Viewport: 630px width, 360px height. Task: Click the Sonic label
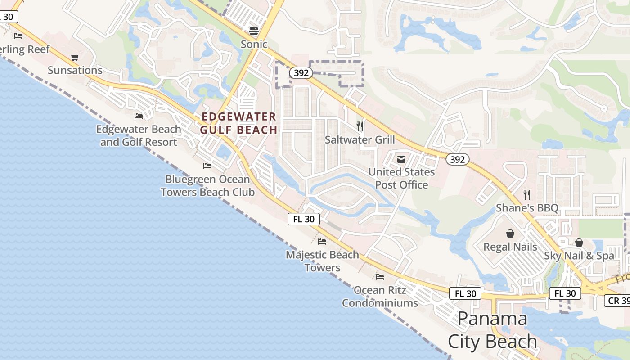click(x=254, y=44)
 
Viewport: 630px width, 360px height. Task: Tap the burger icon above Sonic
click(x=254, y=31)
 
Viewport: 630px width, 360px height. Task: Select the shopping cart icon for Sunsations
click(x=75, y=58)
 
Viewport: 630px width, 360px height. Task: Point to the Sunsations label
click(x=75, y=70)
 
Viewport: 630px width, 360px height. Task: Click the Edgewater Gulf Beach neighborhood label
click(x=239, y=123)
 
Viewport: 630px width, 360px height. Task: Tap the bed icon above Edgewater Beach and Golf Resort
click(x=139, y=116)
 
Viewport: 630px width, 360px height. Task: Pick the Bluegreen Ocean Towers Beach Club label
click(x=207, y=185)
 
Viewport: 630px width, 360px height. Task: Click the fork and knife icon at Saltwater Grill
click(x=360, y=126)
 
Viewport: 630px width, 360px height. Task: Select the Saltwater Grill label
click(x=360, y=139)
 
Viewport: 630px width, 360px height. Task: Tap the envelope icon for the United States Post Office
click(x=401, y=159)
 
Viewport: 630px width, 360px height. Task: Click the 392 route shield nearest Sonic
click(x=301, y=73)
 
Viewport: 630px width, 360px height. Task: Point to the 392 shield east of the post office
click(x=458, y=159)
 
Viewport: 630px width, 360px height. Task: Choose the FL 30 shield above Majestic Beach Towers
click(x=304, y=219)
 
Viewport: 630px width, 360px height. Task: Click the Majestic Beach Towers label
click(x=322, y=261)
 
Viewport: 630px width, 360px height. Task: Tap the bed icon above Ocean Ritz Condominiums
click(x=380, y=276)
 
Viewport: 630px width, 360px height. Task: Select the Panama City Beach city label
click(x=492, y=330)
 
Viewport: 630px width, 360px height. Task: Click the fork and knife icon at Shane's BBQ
click(x=527, y=195)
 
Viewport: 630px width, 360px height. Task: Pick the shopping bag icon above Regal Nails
click(x=510, y=234)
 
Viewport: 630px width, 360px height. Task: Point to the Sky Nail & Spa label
click(x=579, y=256)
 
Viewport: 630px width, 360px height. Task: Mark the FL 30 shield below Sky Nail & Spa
click(x=565, y=293)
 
